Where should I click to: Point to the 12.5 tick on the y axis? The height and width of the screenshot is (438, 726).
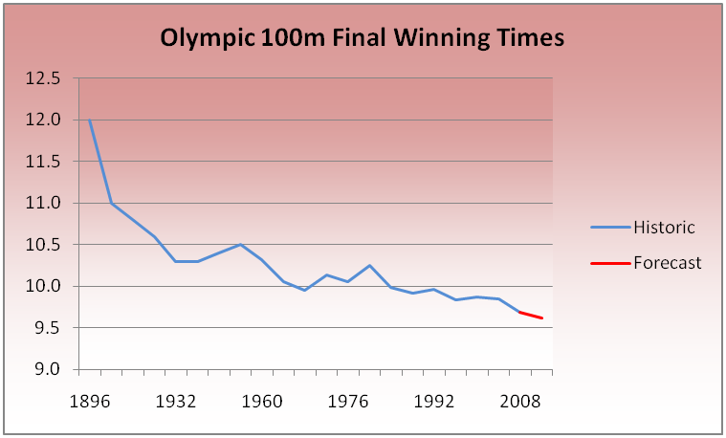pos(44,78)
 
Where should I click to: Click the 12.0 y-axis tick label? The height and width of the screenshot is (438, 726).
pos(44,120)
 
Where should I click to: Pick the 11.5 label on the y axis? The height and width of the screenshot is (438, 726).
pos(44,162)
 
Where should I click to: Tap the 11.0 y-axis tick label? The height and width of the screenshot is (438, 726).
pos(44,203)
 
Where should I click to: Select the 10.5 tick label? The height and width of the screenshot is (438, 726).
pos(44,245)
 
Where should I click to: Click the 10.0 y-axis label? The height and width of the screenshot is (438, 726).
pos(44,286)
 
